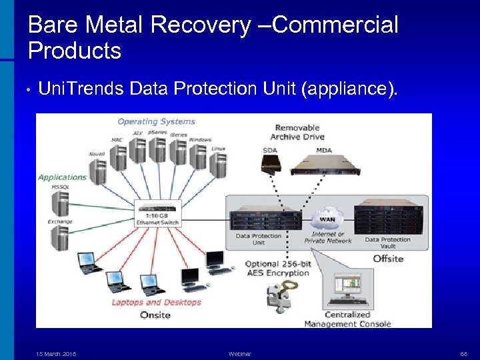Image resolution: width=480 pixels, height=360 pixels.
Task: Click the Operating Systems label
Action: pos(156,121)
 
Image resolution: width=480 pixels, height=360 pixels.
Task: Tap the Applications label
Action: pos(63,177)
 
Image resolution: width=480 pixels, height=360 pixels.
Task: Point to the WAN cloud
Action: pos(327,219)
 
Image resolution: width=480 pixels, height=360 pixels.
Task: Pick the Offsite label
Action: pos(387,258)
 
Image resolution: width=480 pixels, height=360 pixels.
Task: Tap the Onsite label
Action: pos(155,315)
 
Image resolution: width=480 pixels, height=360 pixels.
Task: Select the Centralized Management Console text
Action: pos(347,319)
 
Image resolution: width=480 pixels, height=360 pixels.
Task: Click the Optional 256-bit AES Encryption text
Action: pos(278,269)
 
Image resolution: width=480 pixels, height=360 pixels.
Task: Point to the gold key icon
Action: pos(286,288)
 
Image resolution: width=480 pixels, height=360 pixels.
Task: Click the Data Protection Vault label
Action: pos(387,243)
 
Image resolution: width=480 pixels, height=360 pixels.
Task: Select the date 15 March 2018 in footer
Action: pos(56,354)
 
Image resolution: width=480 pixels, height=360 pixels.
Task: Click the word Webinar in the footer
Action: pos(239,354)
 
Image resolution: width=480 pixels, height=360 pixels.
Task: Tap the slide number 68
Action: pos(463,354)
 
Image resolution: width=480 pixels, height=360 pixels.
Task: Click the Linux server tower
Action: pos(218,163)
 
